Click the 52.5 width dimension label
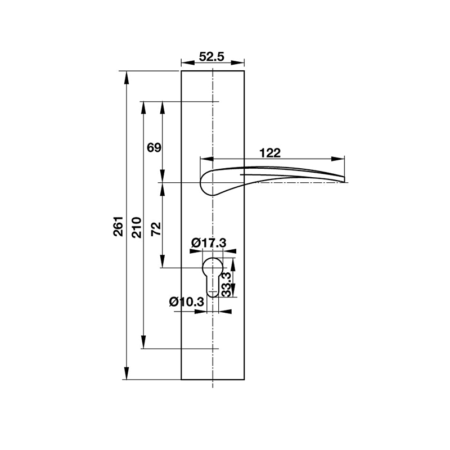[212, 56]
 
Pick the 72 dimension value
[156, 228]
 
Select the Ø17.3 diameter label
[208, 242]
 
